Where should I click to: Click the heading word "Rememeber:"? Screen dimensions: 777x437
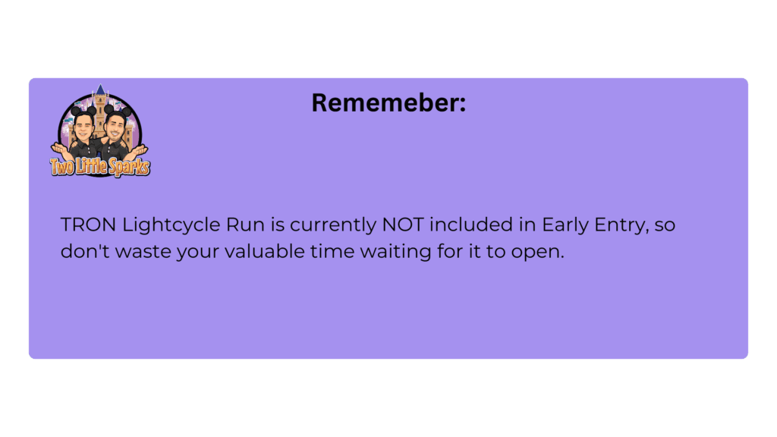tap(388, 102)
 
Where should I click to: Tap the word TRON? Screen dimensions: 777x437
tap(88, 225)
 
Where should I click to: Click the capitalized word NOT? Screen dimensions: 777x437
tap(403, 225)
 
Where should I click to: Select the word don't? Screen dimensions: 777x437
tap(85, 251)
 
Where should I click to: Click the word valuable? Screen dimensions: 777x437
tap(265, 251)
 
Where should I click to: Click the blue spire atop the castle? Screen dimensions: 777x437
tap(101, 90)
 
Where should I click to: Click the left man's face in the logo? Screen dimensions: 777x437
tap(83, 127)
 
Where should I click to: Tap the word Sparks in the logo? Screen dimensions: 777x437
tap(129, 168)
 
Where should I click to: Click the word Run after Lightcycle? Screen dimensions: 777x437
tap(245, 225)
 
